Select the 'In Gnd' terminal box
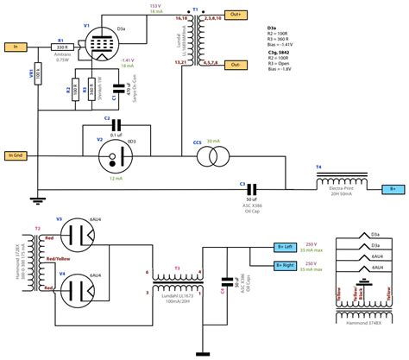(18, 155)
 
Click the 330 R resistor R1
(60, 49)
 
